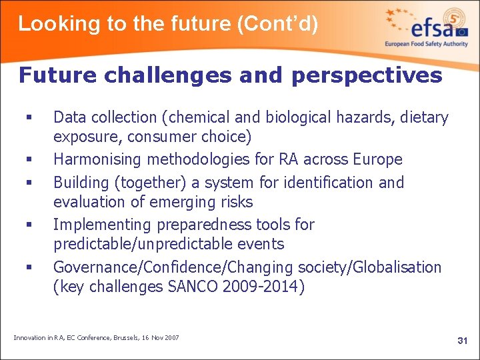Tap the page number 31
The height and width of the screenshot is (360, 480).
462,341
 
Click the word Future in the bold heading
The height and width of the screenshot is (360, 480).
57,75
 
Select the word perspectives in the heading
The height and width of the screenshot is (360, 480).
366,75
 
